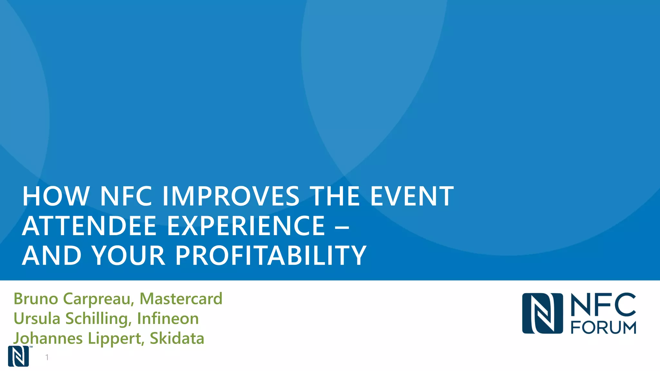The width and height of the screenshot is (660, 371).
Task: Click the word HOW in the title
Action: tap(56, 196)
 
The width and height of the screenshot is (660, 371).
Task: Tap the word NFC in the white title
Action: tap(126, 196)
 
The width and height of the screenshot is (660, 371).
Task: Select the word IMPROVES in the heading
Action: tap(230, 196)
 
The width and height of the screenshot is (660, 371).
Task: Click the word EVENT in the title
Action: tap(412, 196)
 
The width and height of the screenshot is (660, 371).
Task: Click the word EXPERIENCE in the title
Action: tap(246, 226)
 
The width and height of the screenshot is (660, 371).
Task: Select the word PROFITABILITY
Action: tap(271, 255)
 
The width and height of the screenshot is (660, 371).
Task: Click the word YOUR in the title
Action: tap(128, 255)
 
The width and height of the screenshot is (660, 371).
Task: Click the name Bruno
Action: tap(36, 299)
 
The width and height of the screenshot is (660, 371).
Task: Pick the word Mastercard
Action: tap(181, 299)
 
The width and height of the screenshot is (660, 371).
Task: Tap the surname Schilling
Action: tap(99, 319)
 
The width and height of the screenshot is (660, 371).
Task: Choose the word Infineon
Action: tap(168, 319)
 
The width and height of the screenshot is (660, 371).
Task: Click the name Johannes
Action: tap(48, 338)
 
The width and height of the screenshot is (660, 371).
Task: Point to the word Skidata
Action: tap(177, 338)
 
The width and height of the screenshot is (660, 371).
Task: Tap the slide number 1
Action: tap(47, 357)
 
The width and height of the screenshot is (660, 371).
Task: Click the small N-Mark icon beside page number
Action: tap(18, 356)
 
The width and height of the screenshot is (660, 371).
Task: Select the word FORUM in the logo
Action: tap(603, 328)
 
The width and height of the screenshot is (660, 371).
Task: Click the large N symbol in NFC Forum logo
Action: tap(542, 313)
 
